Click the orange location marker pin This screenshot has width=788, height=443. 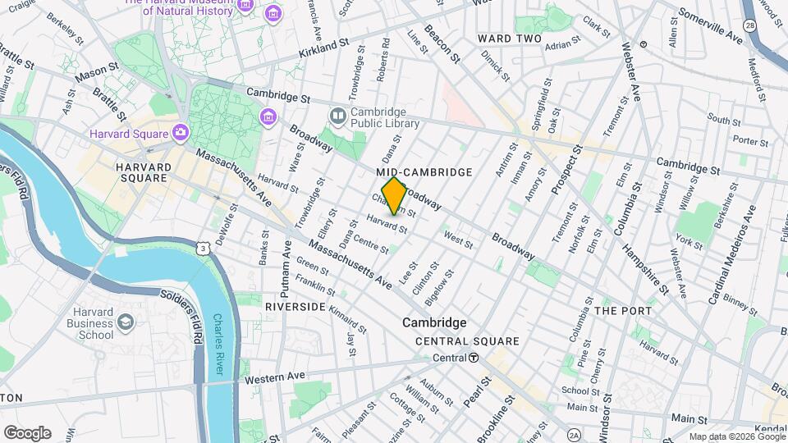[x=394, y=196]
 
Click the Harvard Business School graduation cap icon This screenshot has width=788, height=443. [x=126, y=322]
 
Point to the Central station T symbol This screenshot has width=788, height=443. [x=474, y=358]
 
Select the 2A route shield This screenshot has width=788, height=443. [x=573, y=434]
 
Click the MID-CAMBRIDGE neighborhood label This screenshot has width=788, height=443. [x=424, y=172]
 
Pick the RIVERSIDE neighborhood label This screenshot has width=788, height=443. [x=295, y=306]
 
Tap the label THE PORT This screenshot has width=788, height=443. [x=623, y=311]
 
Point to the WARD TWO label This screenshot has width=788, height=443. [x=510, y=39]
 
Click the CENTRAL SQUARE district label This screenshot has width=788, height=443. [x=467, y=341]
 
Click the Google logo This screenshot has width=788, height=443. [x=27, y=432]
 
